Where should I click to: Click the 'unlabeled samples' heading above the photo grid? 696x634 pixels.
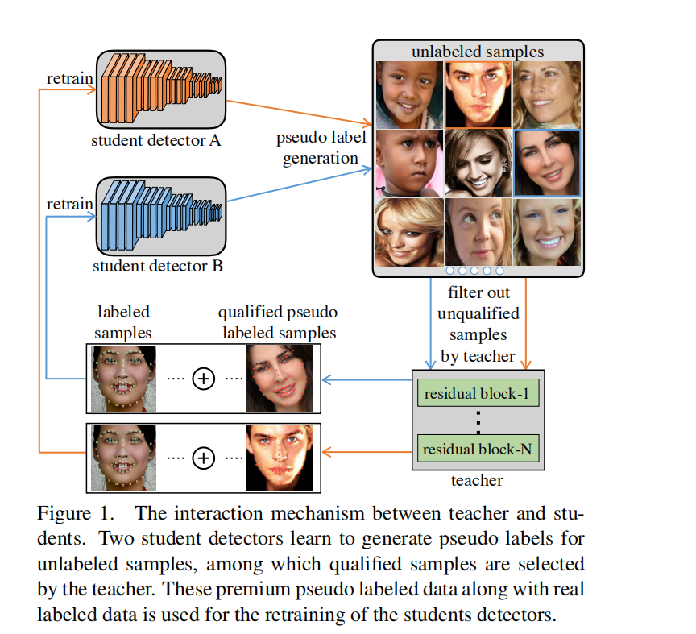click(477, 52)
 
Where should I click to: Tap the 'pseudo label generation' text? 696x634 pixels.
click(321, 147)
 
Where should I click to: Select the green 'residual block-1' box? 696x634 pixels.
click(477, 395)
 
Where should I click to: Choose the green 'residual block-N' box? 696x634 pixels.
click(477, 449)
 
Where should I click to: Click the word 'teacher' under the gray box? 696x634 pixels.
click(477, 481)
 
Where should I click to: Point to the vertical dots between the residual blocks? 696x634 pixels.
click(477, 421)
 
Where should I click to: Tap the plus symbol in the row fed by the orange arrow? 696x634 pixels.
click(203, 458)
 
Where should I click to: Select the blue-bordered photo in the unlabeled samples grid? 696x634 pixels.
click(547, 163)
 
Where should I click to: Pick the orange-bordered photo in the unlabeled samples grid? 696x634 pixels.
click(477, 95)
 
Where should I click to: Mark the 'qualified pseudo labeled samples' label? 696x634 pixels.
click(279, 321)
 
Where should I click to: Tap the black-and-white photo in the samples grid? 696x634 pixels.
click(477, 163)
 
